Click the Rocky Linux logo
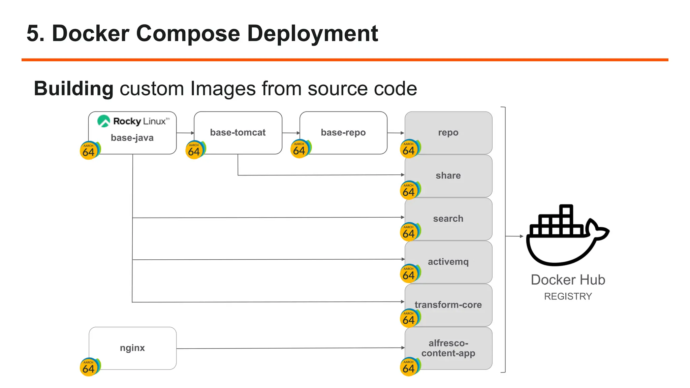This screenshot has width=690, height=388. tap(133, 121)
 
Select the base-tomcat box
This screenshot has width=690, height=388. tap(238, 133)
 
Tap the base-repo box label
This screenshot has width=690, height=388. tap(343, 133)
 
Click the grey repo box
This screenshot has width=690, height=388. tap(448, 133)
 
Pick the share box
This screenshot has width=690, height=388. tap(448, 176)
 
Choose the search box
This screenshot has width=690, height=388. tap(448, 219)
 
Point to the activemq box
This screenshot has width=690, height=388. tap(448, 262)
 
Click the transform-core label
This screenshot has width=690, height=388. tap(448, 305)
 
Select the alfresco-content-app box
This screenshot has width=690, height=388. tap(448, 348)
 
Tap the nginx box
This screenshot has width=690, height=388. tap(132, 348)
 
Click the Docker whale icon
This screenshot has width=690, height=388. tap(567, 236)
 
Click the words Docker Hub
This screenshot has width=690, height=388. tap(568, 280)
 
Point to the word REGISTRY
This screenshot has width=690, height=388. tap(568, 296)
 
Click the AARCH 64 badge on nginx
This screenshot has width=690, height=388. tap(89, 367)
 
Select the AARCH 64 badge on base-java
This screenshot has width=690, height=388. tap(89, 151)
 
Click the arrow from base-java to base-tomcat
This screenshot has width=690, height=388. tap(185, 133)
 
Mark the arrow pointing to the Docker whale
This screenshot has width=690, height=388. tap(514, 236)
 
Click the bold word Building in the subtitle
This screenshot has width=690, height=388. tap(73, 89)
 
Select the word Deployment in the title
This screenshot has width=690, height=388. tap(312, 34)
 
